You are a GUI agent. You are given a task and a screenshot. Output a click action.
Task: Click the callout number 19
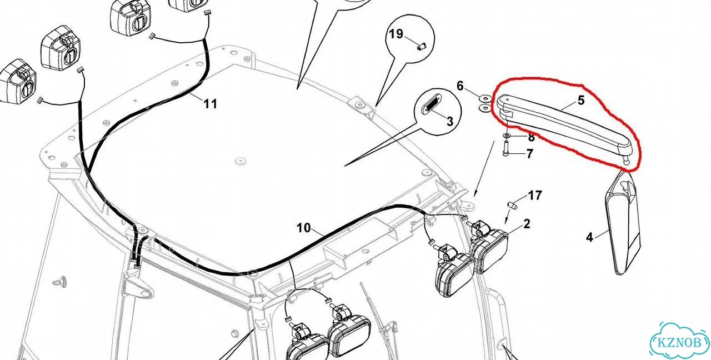(396, 34)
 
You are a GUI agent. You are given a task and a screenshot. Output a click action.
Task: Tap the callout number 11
(210, 104)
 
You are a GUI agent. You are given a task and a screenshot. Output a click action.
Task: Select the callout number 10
(304, 228)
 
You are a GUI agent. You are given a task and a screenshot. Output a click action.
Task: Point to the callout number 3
(450, 121)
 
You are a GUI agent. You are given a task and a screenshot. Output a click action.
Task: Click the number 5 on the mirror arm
(581, 101)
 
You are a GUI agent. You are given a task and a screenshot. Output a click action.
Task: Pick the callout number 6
(460, 86)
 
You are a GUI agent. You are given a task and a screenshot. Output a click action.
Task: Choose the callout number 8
(532, 137)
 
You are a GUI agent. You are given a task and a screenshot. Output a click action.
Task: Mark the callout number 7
(529, 154)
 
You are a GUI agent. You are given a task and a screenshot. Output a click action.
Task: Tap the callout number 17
(535, 196)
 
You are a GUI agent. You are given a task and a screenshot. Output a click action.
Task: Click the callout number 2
(527, 224)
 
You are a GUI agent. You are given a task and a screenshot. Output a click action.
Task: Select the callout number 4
(589, 237)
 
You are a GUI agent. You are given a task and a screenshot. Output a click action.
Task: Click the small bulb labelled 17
(512, 206)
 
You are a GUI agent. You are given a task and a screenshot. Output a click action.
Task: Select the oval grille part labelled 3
(432, 106)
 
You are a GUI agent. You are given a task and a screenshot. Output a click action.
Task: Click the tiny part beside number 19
(422, 48)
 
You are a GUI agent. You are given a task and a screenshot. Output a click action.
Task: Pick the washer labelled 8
(507, 136)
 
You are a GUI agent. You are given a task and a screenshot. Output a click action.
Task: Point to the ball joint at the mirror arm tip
(626, 161)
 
